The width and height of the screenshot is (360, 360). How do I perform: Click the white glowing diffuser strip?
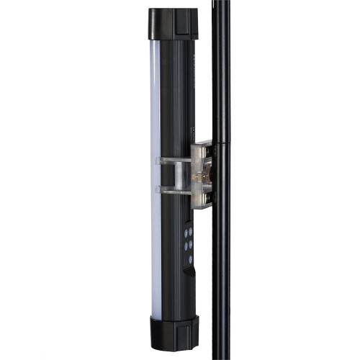pos(155,180)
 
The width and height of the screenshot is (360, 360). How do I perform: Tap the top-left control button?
pos(185,233)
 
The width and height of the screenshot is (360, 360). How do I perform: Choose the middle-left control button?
pos(185,246)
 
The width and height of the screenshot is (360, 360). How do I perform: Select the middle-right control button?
pos(191,245)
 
